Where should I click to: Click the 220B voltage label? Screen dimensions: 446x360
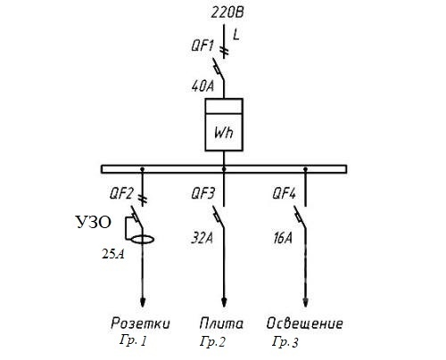pyautogui.click(x=227, y=13)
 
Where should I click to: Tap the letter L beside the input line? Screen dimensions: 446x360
pyautogui.click(x=236, y=35)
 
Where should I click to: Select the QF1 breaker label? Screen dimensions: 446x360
pyautogui.click(x=202, y=46)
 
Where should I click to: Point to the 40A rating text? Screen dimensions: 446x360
pyautogui.click(x=202, y=86)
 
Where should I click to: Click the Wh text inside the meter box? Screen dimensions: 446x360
pyautogui.click(x=224, y=132)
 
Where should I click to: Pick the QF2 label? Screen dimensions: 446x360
pyautogui.click(x=121, y=193)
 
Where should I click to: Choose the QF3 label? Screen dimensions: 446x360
pyautogui.click(x=202, y=193)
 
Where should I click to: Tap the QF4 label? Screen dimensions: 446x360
pyautogui.click(x=285, y=193)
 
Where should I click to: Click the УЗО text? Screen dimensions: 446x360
pyautogui.click(x=94, y=222)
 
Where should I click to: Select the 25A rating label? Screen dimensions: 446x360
pyautogui.click(x=113, y=254)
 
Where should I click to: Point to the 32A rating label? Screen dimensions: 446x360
pyautogui.click(x=202, y=238)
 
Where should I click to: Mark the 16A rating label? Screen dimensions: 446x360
pyautogui.click(x=283, y=238)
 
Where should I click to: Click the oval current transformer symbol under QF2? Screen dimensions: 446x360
pyautogui.click(x=143, y=236)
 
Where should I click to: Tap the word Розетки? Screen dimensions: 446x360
pyautogui.click(x=140, y=323)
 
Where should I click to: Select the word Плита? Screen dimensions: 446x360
pyautogui.click(x=221, y=323)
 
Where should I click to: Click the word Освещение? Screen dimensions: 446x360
pyautogui.click(x=304, y=323)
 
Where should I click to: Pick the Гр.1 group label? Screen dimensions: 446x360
pyautogui.click(x=133, y=341)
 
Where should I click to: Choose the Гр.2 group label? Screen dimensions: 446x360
pyautogui.click(x=212, y=341)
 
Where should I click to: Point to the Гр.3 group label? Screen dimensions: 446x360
pyautogui.click(x=285, y=341)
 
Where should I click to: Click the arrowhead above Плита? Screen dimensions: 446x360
pyautogui.click(x=224, y=302)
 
